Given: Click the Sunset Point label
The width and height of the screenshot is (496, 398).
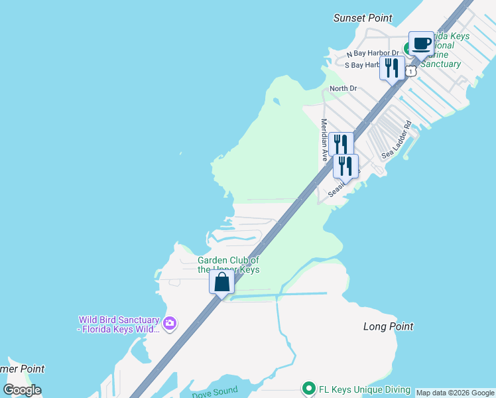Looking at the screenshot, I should tap(363, 19).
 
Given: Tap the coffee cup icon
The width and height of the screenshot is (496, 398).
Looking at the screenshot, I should tap(420, 44).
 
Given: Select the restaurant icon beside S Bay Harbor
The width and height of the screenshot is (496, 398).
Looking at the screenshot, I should tap(392, 68).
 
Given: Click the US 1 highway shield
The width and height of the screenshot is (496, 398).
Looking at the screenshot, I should tap(412, 70).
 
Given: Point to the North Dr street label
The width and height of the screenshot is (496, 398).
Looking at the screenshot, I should tap(343, 88).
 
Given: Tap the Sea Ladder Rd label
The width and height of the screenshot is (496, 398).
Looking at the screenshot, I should tap(397, 139).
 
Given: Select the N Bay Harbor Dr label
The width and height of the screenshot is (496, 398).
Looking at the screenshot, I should tap(373, 53).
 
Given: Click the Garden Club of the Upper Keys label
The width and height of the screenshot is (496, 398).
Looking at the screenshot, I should tap(229, 265).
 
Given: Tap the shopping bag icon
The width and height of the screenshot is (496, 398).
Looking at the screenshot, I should tap(221, 282).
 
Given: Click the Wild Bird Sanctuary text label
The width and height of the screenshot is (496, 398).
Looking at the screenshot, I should tap(119, 324).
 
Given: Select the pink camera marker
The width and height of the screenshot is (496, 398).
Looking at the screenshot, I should tap(170, 323).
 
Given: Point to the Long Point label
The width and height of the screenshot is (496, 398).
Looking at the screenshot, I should tap(388, 326).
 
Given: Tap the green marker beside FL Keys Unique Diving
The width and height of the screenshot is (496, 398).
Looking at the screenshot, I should tap(308, 389).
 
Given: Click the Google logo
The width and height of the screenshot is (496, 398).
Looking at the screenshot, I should tap(22, 390).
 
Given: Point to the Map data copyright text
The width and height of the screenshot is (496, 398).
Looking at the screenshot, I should tap(455, 393).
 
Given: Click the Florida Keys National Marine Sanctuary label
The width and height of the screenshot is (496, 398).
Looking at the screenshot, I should tap(438, 50).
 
